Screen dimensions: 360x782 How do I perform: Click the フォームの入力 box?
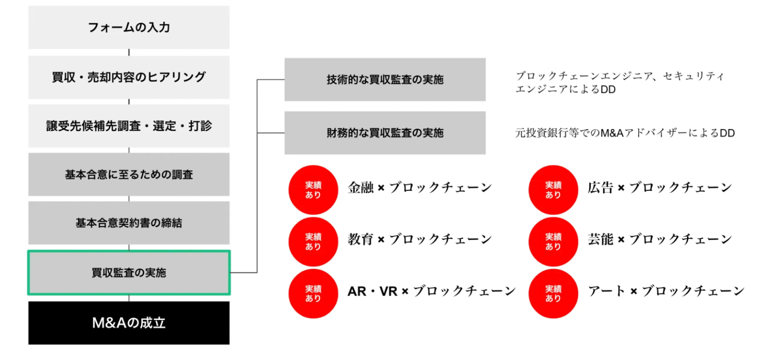pos(129,27)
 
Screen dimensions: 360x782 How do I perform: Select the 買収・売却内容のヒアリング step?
pos(129,77)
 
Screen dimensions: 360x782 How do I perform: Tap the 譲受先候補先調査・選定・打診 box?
pos(129,126)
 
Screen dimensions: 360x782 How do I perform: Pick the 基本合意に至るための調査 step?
pos(129,175)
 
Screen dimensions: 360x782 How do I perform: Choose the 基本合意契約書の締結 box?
pos(129,223)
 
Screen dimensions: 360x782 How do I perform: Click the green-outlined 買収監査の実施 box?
pos(129,273)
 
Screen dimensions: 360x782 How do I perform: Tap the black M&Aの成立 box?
pos(129,323)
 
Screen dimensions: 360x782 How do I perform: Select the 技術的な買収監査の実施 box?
pos(385,80)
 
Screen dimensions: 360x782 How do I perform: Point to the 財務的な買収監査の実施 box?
pos(385,133)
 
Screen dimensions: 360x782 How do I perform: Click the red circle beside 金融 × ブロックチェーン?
pos(313,190)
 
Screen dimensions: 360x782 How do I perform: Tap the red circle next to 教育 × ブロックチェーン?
pos(313,242)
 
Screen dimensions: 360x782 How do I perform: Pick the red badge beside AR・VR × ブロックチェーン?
pos(313,293)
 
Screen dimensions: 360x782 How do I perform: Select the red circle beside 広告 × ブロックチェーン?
pos(553,190)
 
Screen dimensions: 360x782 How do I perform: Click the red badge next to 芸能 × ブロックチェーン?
pos(553,242)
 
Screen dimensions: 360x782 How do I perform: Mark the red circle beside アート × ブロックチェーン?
pos(553,293)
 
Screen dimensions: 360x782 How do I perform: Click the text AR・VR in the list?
pos(372,292)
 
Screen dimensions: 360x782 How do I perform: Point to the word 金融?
pos(361,188)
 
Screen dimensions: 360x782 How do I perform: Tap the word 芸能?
pos(600,239)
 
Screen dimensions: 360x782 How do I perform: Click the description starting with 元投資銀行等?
pos(625,133)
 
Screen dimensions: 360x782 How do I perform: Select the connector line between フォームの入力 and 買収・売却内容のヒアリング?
pos(129,52)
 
